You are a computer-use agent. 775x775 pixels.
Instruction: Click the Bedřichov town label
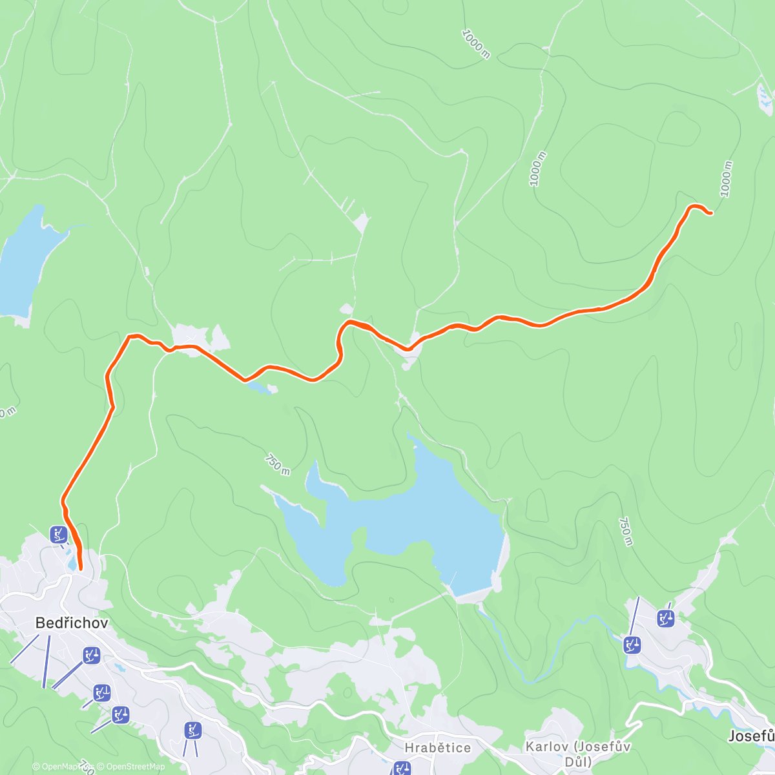72,623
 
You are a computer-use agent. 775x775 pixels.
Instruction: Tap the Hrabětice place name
437,747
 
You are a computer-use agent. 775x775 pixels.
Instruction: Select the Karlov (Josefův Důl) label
578,754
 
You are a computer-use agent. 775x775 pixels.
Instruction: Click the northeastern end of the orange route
711,213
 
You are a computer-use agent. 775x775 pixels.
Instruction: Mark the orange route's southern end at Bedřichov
81,568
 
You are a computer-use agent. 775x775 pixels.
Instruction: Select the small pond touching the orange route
260,387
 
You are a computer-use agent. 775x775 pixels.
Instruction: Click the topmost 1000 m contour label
476,44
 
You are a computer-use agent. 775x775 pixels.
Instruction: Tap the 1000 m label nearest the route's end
727,179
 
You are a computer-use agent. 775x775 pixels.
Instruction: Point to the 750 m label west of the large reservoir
277,464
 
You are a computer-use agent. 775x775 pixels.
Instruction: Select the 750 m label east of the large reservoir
625,532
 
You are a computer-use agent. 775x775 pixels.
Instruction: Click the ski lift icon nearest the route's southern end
59,534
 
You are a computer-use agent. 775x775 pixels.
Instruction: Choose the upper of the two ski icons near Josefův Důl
666,618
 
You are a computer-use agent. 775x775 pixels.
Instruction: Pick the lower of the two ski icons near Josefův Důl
632,644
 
